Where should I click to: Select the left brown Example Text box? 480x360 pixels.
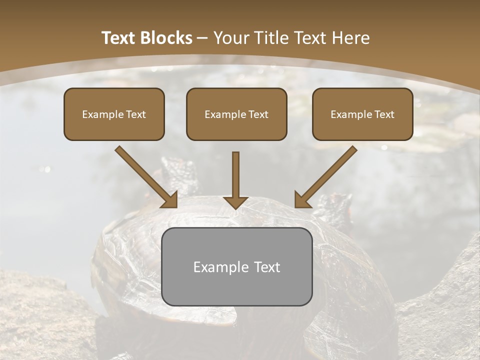pyautogui.click(x=114, y=114)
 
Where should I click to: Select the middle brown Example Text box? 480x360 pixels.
pyautogui.click(x=236, y=114)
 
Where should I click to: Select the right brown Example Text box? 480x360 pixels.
pyautogui.click(x=362, y=114)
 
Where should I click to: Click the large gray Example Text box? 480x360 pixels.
pyautogui.click(x=236, y=266)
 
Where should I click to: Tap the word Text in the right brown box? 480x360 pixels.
pyautogui.click(x=384, y=114)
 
